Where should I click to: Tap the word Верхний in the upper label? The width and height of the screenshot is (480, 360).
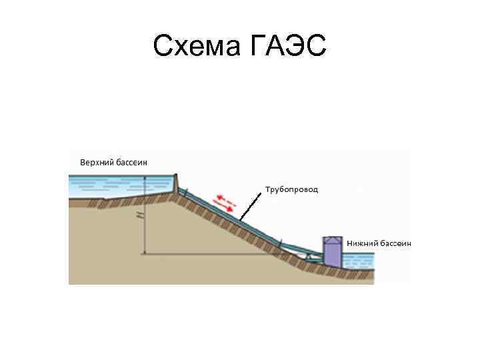coord(95,162)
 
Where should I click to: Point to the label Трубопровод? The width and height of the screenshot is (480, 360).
coord(292,189)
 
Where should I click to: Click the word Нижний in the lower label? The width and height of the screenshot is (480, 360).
coord(363,243)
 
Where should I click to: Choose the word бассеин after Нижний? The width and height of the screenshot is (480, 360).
coord(395,243)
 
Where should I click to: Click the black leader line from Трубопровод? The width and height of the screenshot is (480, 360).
coord(251,205)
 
